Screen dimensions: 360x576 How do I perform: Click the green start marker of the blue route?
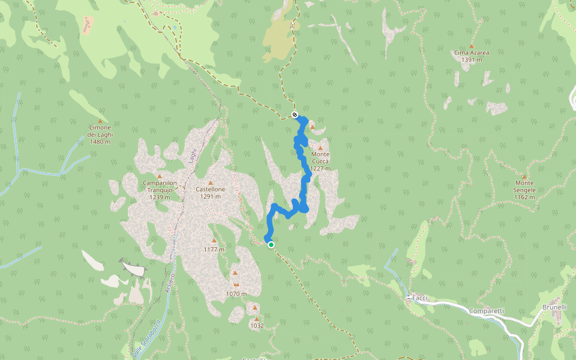[271, 245]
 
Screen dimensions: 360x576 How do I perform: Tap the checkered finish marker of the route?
[295, 115]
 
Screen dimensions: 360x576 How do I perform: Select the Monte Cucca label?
[320, 161]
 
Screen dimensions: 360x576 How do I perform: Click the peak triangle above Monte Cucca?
[320, 148]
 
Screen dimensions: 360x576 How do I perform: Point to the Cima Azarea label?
[472, 56]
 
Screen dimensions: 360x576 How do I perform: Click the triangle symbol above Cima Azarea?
[472, 46]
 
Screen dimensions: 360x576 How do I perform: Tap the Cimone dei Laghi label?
[100, 134]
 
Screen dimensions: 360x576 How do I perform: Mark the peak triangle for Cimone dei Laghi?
[100, 121]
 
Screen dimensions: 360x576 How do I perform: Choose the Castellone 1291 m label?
[211, 193]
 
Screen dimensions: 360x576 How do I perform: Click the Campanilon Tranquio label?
[160, 186]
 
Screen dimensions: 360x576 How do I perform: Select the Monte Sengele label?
[524, 186]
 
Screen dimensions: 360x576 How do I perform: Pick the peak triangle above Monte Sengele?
[524, 176]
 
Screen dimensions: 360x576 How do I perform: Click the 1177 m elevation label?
[214, 250]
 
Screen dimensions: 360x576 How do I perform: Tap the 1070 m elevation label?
[236, 294]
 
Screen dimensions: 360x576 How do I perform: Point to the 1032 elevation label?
[257, 326]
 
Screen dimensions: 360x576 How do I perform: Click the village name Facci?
[419, 298]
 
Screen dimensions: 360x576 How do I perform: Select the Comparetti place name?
[487, 311]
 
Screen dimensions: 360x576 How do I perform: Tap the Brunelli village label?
[554, 307]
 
